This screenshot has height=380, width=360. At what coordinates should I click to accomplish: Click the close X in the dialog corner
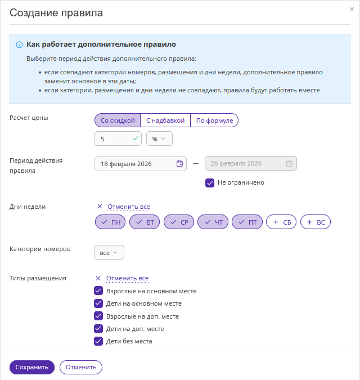[x=352, y=10]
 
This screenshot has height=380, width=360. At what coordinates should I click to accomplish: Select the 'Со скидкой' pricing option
[x=117, y=120]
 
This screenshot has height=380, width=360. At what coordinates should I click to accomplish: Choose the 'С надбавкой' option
[x=165, y=120]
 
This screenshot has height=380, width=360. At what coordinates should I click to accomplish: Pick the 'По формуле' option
[x=214, y=120]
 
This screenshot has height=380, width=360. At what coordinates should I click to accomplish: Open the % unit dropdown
[x=159, y=138]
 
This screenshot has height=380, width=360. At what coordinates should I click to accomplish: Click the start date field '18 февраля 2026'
[x=135, y=163]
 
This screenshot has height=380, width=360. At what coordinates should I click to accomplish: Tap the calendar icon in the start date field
[x=179, y=163]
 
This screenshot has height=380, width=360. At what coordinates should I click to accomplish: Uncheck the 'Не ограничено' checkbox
[x=210, y=182]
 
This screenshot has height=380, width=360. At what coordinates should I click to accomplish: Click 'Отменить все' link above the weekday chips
[x=128, y=207]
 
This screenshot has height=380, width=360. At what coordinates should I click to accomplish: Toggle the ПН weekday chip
[x=110, y=222]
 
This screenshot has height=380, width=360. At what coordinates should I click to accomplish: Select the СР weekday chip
[x=179, y=222]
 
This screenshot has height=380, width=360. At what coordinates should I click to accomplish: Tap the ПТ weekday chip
[x=247, y=222]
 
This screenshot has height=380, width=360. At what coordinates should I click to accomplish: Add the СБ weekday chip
[x=281, y=222]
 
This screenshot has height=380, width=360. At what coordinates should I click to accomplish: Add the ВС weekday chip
[x=316, y=222]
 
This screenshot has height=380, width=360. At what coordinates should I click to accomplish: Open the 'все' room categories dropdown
[x=109, y=253]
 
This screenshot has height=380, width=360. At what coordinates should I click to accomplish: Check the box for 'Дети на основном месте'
[x=98, y=303]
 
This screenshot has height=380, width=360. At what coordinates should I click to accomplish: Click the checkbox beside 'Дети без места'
[x=98, y=341]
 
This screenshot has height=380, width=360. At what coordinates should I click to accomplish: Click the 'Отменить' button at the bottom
[x=81, y=367]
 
